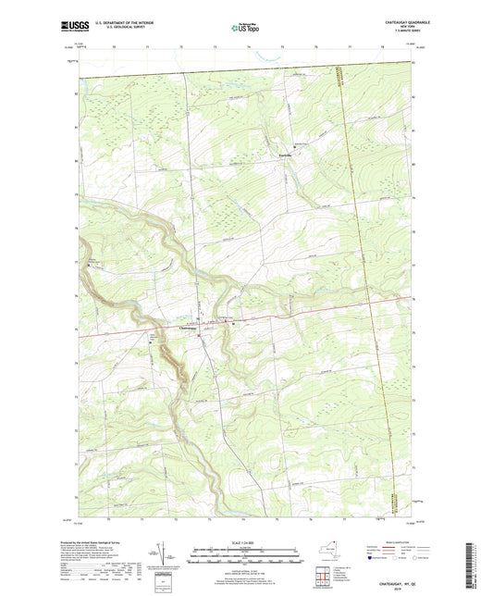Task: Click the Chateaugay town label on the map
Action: pyautogui.click(x=186, y=326)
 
